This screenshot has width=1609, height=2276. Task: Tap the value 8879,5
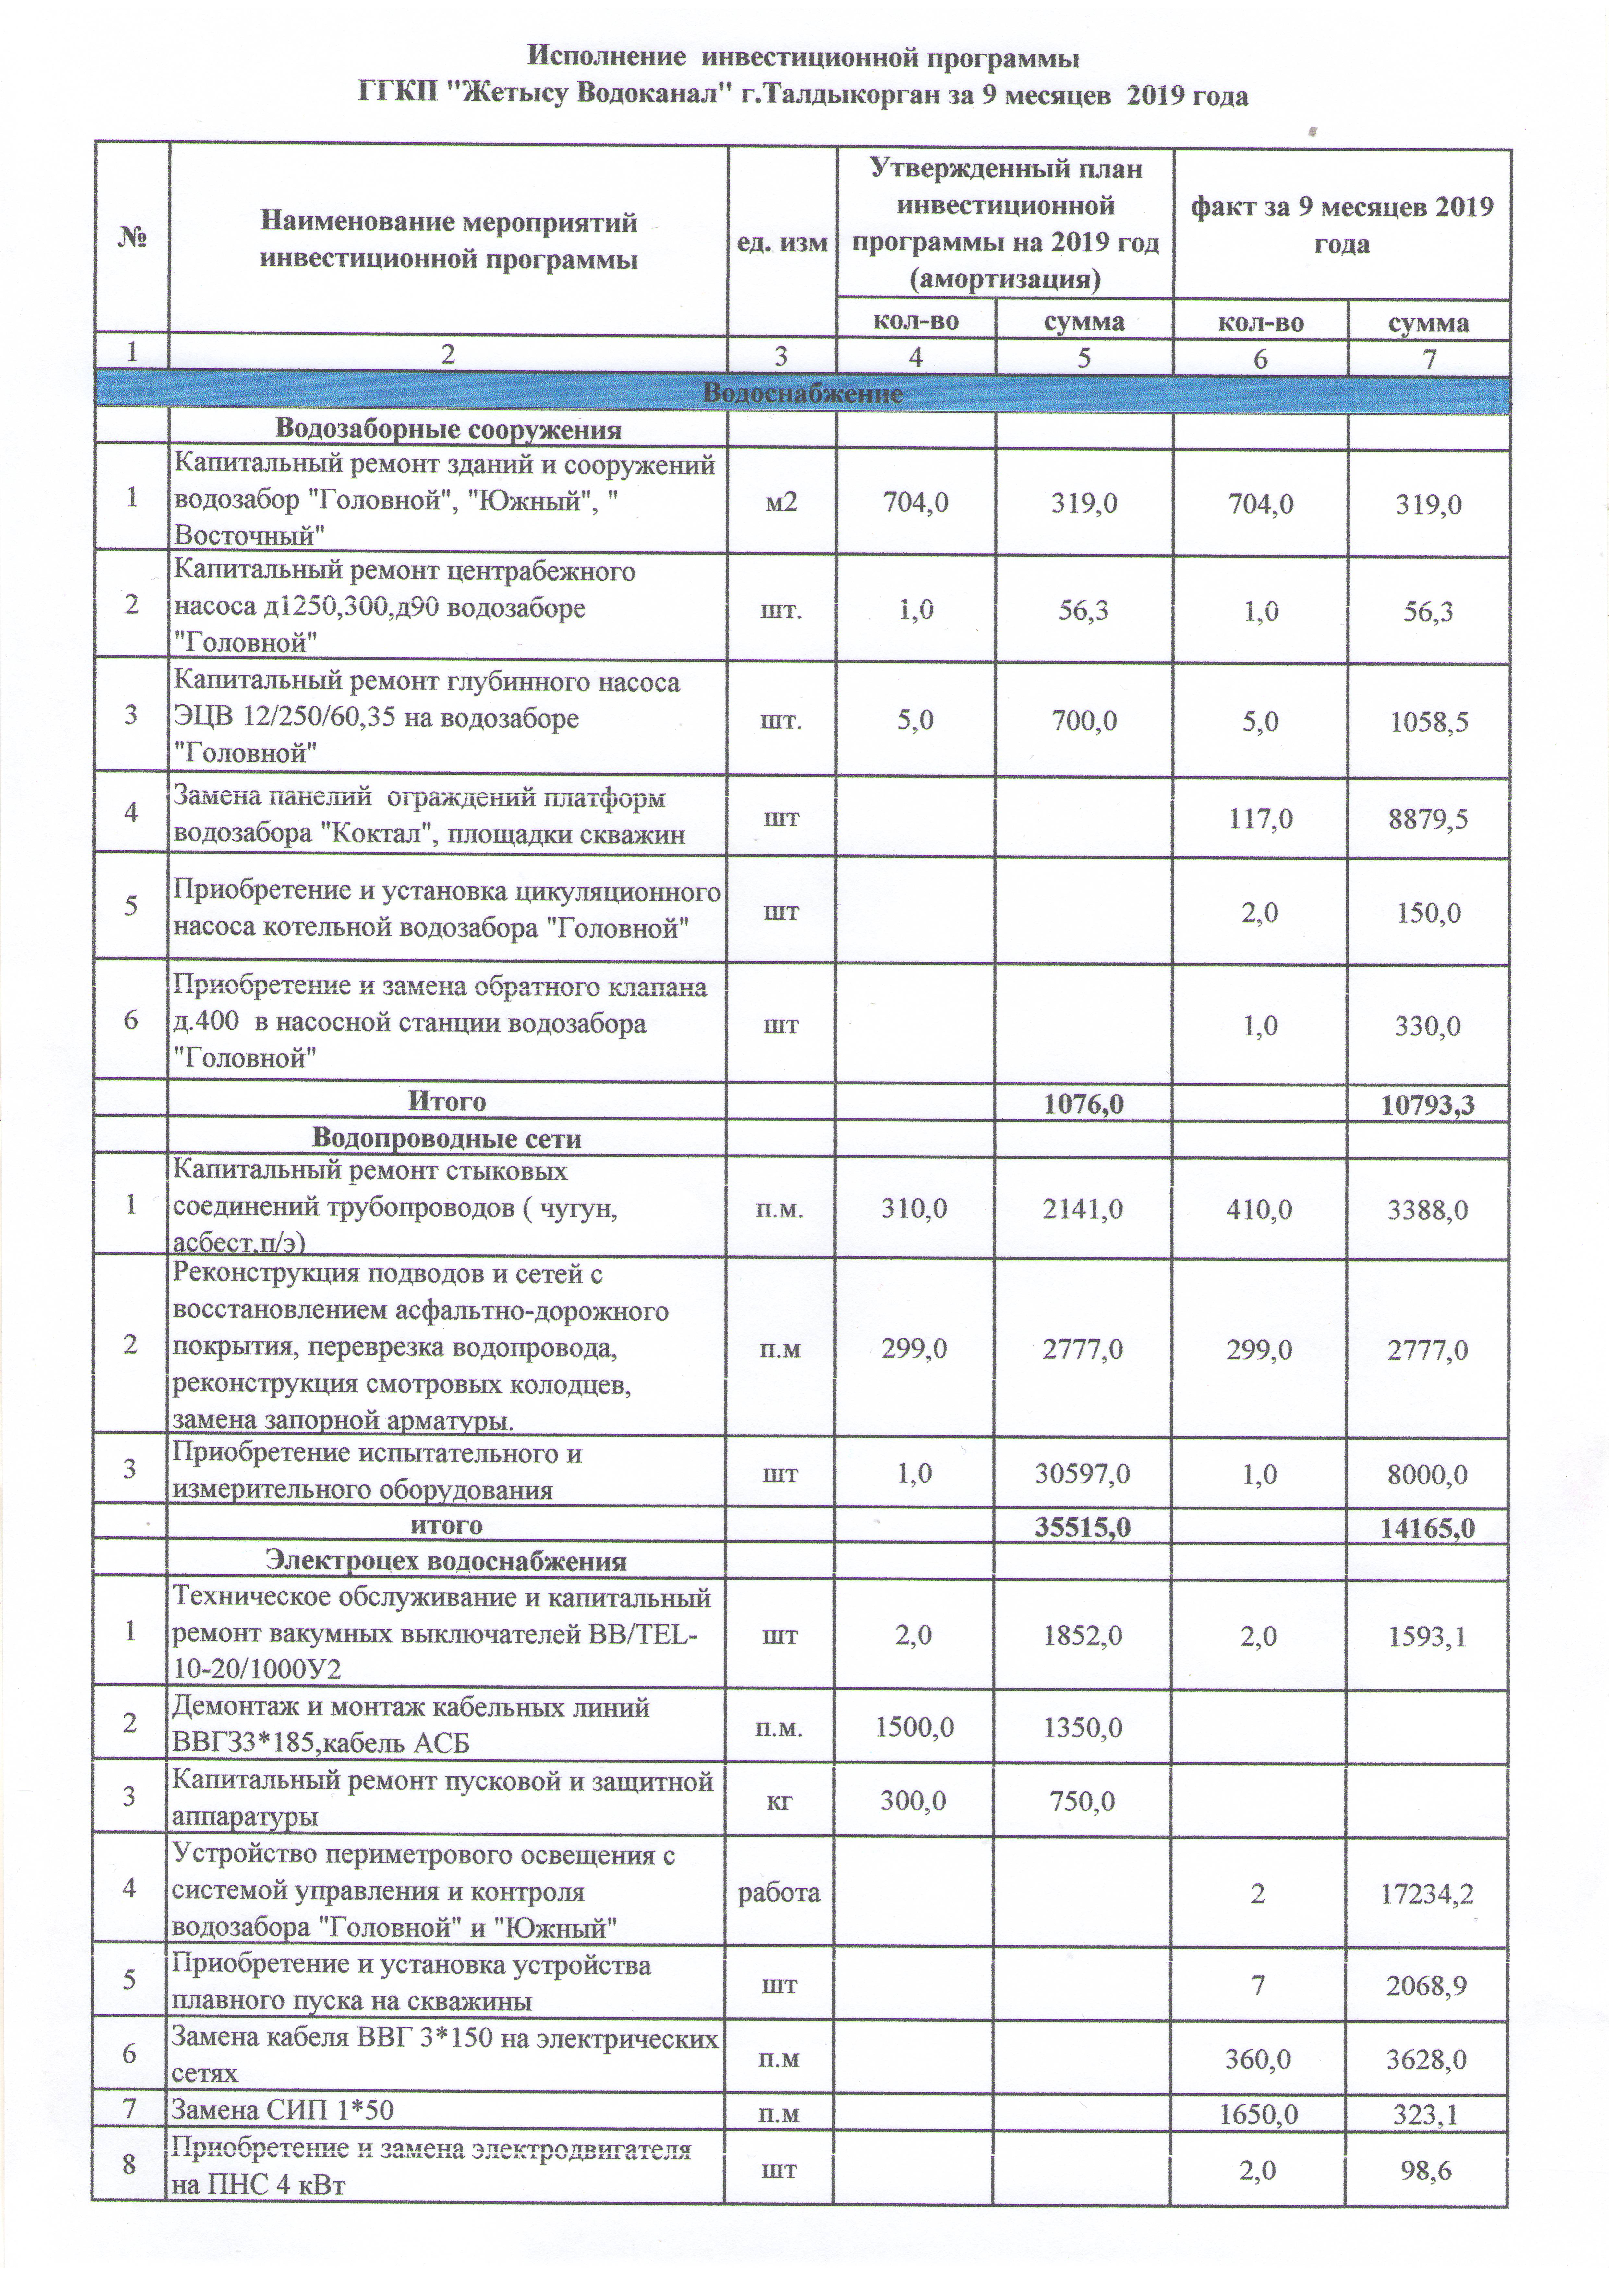point(1428,819)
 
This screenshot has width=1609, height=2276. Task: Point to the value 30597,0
point(1083,1474)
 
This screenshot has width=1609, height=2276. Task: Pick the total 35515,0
point(1083,1527)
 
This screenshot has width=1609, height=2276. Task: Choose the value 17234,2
point(1428,1895)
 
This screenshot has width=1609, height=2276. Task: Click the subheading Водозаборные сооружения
point(448,430)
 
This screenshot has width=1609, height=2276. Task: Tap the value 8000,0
point(1428,1474)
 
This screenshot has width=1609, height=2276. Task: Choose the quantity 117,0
point(1259,819)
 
